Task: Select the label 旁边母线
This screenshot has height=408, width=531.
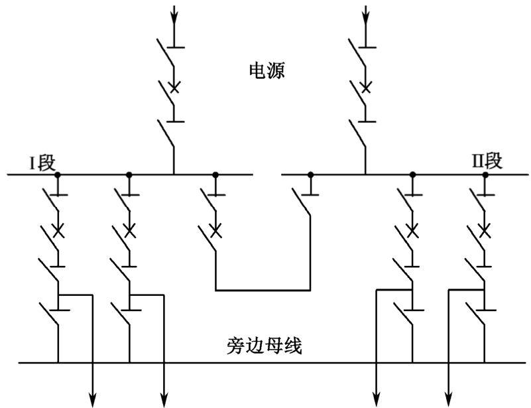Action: coord(263,346)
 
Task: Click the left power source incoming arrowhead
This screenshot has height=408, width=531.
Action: coord(174,15)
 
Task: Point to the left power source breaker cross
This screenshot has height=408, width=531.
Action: coord(174,88)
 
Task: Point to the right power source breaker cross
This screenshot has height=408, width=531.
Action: coord(365,88)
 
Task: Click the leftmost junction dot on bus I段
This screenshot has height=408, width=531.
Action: coord(58,174)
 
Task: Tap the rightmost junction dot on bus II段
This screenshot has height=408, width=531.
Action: coord(485,174)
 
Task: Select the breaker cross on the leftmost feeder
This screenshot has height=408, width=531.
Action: coord(58,232)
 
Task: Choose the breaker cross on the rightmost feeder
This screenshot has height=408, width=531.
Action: coord(485,232)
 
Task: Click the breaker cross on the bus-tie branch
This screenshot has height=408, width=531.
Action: coord(215,232)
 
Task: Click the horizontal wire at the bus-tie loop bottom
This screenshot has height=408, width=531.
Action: coord(263,290)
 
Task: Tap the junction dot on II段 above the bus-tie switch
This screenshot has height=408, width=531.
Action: coord(310,174)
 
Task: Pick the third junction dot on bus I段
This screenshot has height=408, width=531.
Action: coord(215,174)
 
